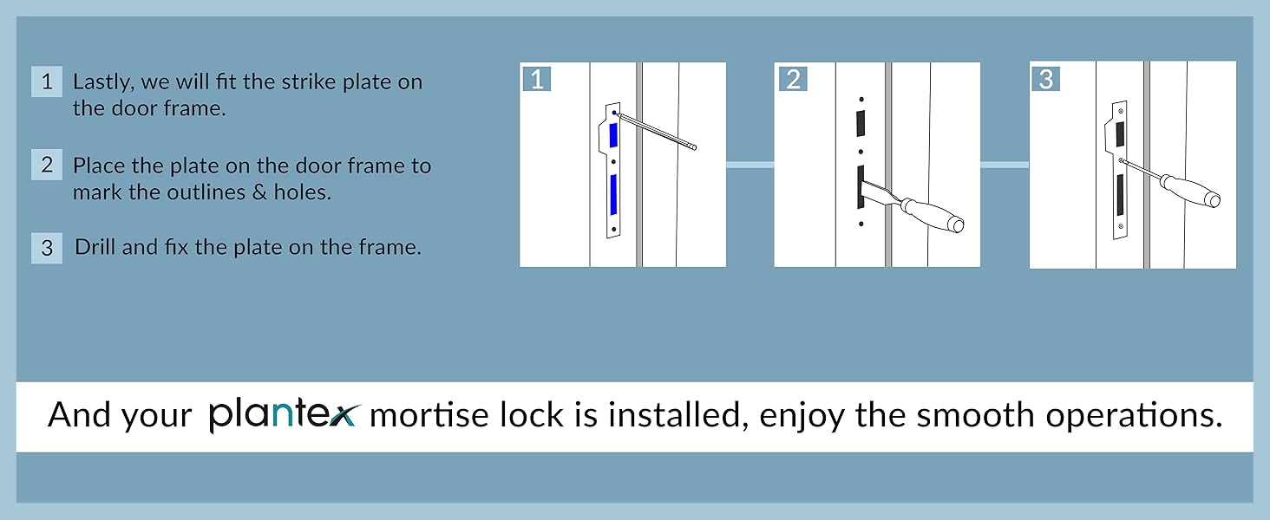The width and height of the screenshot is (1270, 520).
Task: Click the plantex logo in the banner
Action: tap(282, 415)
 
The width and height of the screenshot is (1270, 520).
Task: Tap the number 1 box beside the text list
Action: tap(47, 82)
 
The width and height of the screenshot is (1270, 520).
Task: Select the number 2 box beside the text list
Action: tap(47, 165)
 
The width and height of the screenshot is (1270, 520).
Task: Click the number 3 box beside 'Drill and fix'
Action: tap(47, 248)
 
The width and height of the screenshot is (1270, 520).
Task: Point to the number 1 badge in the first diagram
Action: tap(536, 79)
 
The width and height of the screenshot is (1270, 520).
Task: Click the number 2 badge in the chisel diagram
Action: tap(791, 80)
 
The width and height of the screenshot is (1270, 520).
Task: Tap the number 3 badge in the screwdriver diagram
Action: tap(1045, 79)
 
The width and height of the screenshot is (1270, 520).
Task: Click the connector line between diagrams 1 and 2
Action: tap(750, 165)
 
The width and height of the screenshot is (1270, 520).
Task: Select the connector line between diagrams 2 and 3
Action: tap(1005, 165)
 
